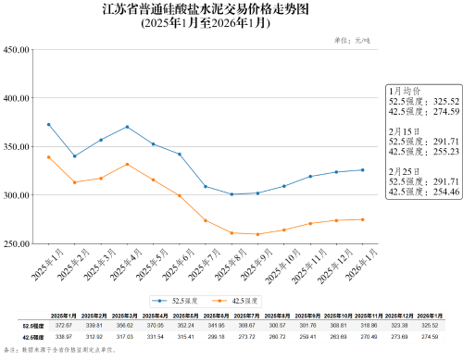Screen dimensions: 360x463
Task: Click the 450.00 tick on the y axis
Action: (18, 49)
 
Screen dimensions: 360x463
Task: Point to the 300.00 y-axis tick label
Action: (18, 195)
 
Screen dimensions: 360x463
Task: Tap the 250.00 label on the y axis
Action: (18, 244)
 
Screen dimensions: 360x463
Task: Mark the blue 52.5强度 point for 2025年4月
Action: (127, 127)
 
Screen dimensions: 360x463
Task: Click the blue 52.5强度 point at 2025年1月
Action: (48, 124)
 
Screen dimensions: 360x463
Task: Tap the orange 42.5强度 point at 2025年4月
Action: (127, 164)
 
